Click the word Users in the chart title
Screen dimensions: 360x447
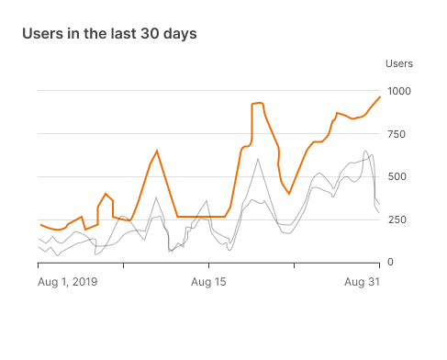(x=42, y=33)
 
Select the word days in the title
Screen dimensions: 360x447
(x=179, y=33)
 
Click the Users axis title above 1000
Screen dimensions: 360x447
(x=399, y=63)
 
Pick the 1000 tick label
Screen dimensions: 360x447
(x=399, y=91)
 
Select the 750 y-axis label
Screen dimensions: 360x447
(x=397, y=134)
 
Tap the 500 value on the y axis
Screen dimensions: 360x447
(x=397, y=176)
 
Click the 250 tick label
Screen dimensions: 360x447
(x=397, y=219)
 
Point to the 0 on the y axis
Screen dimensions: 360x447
(x=390, y=263)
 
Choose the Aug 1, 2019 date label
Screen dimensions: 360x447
(x=67, y=282)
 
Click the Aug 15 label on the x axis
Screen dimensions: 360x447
(x=208, y=282)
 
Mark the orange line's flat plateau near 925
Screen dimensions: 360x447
(x=258, y=104)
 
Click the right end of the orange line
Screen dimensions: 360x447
(x=380, y=96)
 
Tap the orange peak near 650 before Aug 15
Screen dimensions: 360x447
(x=157, y=151)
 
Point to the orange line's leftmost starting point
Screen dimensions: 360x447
(x=39, y=224)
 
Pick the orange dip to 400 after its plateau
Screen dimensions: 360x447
(x=289, y=194)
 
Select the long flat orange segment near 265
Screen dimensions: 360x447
(x=202, y=217)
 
